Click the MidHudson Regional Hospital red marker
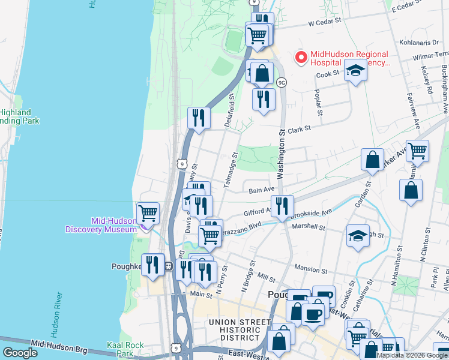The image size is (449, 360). click(x=300, y=58)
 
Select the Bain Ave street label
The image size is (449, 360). click(x=261, y=191)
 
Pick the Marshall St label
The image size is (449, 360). click(x=308, y=227)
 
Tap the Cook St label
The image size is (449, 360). click(x=328, y=74)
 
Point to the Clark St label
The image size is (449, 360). click(x=298, y=128)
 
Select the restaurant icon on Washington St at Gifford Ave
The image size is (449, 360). click(x=282, y=205)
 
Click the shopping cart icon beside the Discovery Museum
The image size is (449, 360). click(x=148, y=212)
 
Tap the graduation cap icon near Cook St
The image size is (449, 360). click(x=355, y=71)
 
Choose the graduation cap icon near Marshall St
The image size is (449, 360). click(x=358, y=235)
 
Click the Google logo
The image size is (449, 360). click(x=20, y=353)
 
